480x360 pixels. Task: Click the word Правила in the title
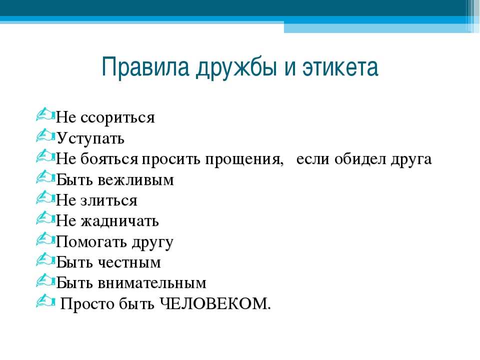[x=145, y=66]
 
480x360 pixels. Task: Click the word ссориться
[x=117, y=117]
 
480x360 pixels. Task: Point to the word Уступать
[x=90, y=138]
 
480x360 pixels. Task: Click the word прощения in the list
[x=244, y=159]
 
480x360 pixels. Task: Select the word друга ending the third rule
[x=411, y=159]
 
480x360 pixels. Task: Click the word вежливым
[x=136, y=180]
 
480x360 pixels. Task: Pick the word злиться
[x=109, y=201]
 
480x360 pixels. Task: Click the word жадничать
[x=119, y=221]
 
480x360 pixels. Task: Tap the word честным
[x=129, y=262]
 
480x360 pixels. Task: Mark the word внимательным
[x=152, y=283]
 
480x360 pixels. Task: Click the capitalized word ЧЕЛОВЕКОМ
[x=215, y=303]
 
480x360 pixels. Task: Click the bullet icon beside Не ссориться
[x=45, y=114]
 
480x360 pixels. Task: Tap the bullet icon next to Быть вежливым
[x=45, y=176]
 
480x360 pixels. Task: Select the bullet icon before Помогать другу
[x=45, y=239]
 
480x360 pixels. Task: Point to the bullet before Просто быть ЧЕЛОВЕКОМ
[x=45, y=300]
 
